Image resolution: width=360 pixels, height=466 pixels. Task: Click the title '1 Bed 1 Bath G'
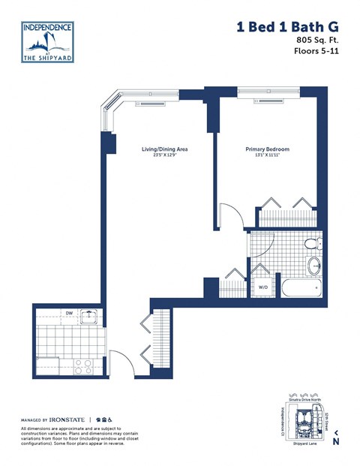click(283, 27)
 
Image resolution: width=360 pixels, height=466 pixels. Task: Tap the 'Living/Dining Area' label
click(164, 149)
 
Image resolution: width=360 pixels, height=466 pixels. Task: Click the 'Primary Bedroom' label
click(268, 149)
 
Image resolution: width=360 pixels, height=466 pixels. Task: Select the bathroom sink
click(314, 265)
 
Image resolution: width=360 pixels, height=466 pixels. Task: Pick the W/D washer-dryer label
click(263, 286)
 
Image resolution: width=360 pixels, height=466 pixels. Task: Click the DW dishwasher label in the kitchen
click(68, 313)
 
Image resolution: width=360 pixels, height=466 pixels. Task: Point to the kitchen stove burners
click(82, 367)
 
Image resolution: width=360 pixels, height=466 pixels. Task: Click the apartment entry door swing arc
click(120, 360)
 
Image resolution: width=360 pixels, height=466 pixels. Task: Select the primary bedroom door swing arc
click(232, 218)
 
